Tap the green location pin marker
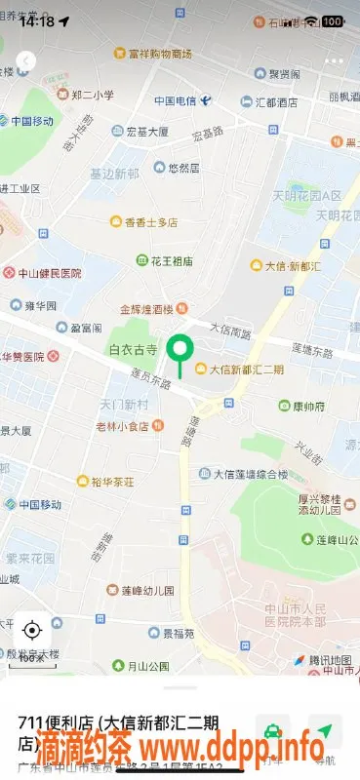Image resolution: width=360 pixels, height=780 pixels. pyautogui.click(x=179, y=350)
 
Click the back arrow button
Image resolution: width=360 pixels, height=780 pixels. pyautogui.click(x=26, y=61)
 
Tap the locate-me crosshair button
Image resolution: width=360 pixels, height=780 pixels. pyautogui.click(x=32, y=629)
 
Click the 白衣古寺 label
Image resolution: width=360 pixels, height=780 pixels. pyautogui.click(x=134, y=348)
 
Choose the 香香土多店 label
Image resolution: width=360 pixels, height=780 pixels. pyautogui.click(x=151, y=222)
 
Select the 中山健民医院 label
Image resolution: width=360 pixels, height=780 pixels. pyautogui.click(x=50, y=274)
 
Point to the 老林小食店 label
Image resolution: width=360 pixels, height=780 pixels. pyautogui.click(x=129, y=426)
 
